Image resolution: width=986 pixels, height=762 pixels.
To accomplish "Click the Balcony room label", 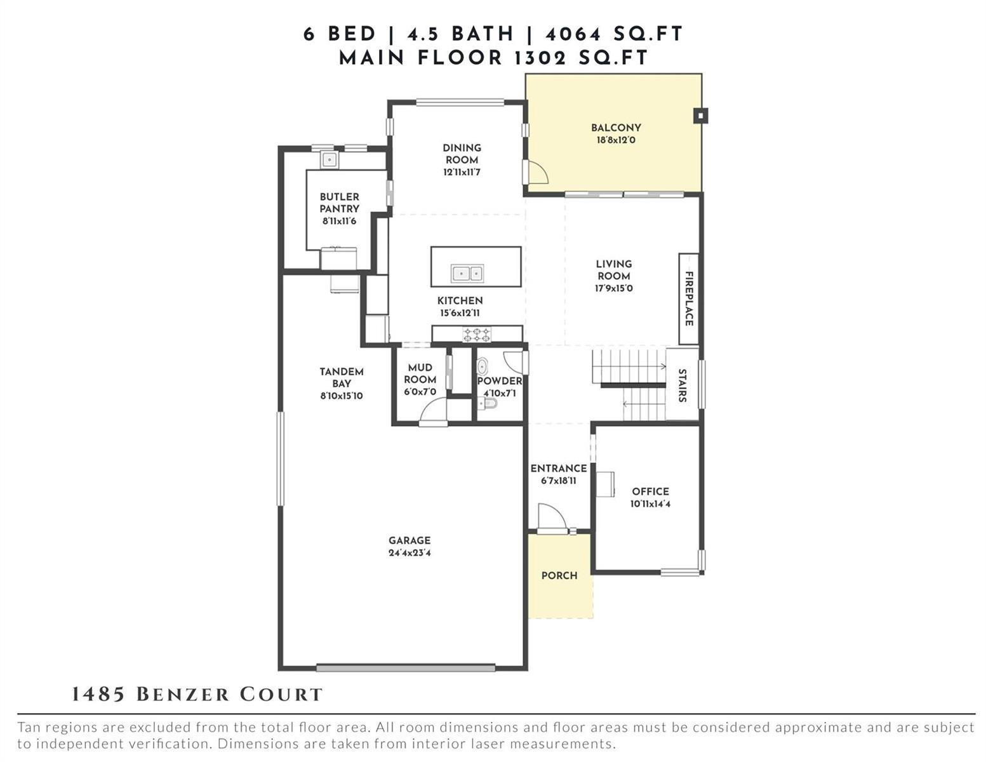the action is (x=616, y=128).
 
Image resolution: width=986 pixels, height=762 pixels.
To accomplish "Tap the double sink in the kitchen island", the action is (x=467, y=273).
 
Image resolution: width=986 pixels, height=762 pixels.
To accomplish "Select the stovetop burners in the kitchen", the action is (x=476, y=335).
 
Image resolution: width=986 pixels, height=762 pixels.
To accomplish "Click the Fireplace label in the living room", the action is (x=688, y=298).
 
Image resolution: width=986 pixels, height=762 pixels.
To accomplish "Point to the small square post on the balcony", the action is (x=700, y=116).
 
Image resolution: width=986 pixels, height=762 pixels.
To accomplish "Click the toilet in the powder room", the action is (x=488, y=403).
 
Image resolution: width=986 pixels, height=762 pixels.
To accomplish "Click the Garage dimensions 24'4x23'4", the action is (x=410, y=553).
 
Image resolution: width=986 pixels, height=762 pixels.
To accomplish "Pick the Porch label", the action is (x=559, y=575).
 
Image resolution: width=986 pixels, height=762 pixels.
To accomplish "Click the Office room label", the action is (x=650, y=491).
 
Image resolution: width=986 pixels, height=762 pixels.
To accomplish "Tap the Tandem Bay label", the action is (x=341, y=378).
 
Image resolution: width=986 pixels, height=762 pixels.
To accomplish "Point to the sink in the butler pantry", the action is (x=329, y=160).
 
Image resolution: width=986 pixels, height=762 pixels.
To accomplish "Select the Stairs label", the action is (x=681, y=385).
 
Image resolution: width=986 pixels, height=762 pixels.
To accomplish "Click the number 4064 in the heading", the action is (x=573, y=34).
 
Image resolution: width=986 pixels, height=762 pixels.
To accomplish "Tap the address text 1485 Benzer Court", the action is (x=197, y=695).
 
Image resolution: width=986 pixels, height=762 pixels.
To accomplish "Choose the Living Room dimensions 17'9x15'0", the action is (x=613, y=288).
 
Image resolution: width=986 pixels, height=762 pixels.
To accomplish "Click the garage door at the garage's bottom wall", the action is (x=405, y=667).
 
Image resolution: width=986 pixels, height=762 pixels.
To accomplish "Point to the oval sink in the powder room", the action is (x=482, y=366).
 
